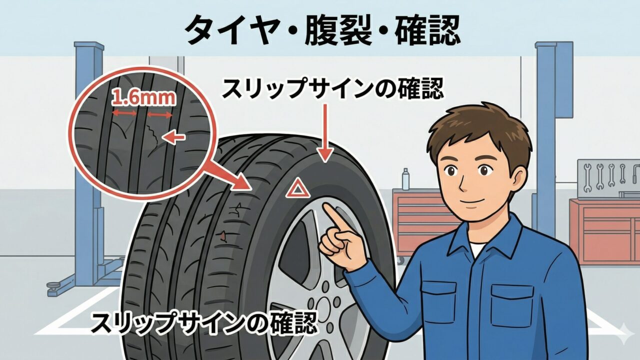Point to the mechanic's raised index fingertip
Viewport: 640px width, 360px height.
coord(325,207)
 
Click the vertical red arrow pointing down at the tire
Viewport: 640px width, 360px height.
coord(325,133)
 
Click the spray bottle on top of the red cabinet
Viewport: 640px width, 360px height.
coord(405,179)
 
